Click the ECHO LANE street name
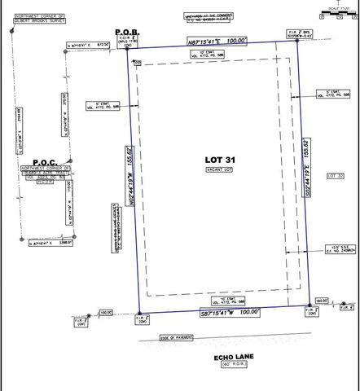click(219, 356)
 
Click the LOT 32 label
click(335, 176)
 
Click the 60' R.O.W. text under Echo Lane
click(219, 366)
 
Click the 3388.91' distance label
click(64, 242)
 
